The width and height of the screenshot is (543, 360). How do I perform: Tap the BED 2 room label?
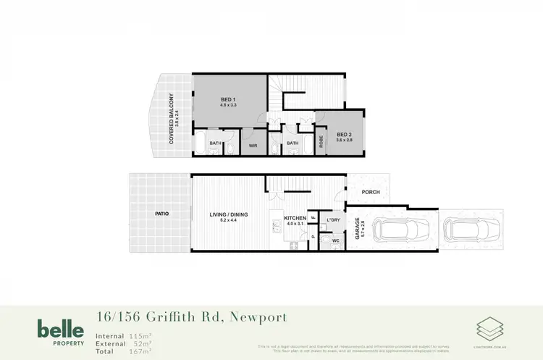(x=342, y=133)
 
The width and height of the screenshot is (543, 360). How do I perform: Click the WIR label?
(x=253, y=145)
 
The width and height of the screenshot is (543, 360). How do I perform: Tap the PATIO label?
(x=161, y=214)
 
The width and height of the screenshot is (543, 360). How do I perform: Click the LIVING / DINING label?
(x=228, y=214)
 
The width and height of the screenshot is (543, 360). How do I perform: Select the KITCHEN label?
(x=295, y=218)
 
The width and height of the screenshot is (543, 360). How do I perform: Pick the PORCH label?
(x=371, y=192)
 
